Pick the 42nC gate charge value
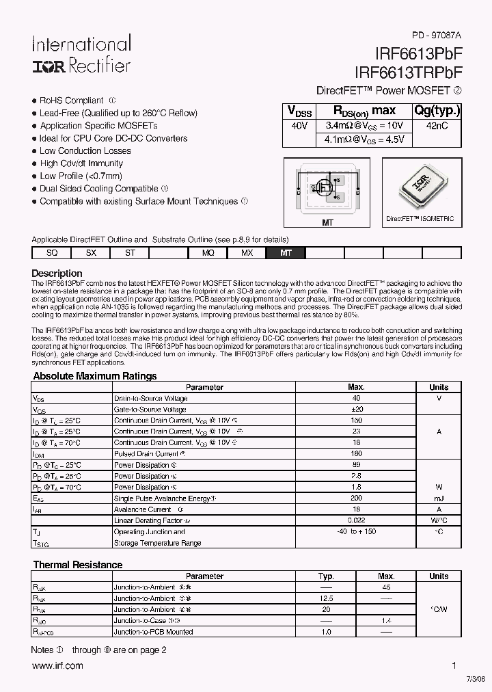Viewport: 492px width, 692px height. tap(436, 126)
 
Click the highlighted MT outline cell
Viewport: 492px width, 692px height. tap(286, 252)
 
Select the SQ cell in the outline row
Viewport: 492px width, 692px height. tap(51, 252)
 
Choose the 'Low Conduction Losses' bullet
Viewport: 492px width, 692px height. tap(85, 151)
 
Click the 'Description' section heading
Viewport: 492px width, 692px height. tap(57, 274)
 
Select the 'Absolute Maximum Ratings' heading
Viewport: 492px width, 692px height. tap(95, 376)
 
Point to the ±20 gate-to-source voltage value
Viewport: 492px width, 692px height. tap(356, 409)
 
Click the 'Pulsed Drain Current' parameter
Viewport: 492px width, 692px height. tap(146, 453)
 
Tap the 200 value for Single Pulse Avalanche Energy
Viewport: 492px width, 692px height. tap(356, 498)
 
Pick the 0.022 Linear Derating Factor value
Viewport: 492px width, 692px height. tap(356, 520)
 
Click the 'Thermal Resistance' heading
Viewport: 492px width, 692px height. tap(78, 565)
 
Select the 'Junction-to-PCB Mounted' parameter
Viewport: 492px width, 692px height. tap(153, 632)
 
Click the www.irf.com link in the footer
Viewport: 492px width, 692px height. tap(57, 665)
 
